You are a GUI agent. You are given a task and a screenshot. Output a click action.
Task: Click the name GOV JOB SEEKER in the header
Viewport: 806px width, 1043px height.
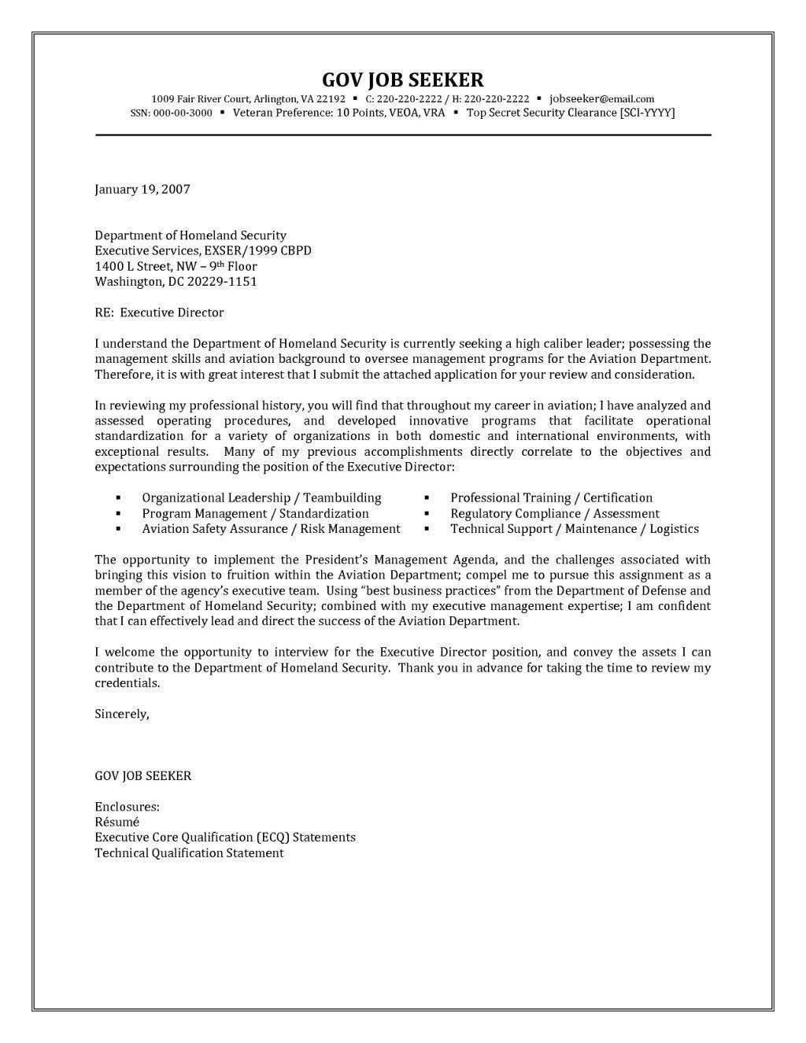coord(402,80)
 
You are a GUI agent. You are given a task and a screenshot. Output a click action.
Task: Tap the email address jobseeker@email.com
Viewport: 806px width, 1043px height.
coord(601,99)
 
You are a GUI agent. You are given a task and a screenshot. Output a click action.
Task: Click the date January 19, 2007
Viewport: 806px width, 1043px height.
coord(142,189)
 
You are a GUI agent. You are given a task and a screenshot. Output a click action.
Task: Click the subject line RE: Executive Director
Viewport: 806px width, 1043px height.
coord(159,313)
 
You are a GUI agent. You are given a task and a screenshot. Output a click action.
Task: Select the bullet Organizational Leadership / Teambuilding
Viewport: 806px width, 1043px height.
coord(261,497)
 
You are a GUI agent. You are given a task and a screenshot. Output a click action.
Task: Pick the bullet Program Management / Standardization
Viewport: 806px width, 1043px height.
coord(255,513)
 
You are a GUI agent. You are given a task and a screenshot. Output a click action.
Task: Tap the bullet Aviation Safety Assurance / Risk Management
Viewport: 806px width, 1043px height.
coord(271,529)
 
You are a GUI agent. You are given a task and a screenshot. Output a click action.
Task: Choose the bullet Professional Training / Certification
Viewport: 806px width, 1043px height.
coord(551,497)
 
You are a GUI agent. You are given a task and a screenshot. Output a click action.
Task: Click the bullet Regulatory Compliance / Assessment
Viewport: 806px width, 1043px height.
coord(554,513)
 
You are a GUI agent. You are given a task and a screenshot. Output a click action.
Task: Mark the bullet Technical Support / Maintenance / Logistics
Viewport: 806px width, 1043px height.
coord(574,529)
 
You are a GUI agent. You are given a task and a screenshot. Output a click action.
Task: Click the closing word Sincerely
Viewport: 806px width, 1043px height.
coord(121,714)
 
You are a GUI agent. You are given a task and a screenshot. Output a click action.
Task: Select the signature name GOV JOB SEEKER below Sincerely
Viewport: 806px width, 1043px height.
coord(142,775)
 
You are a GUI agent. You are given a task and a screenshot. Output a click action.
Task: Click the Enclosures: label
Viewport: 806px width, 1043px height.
coord(127,806)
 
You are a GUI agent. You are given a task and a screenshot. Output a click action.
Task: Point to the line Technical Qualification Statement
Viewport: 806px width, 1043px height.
coord(189,853)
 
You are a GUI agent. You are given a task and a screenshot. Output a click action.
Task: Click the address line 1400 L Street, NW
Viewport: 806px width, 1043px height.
coord(146,266)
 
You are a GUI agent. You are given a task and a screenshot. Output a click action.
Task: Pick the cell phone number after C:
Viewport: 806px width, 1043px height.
coord(409,99)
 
